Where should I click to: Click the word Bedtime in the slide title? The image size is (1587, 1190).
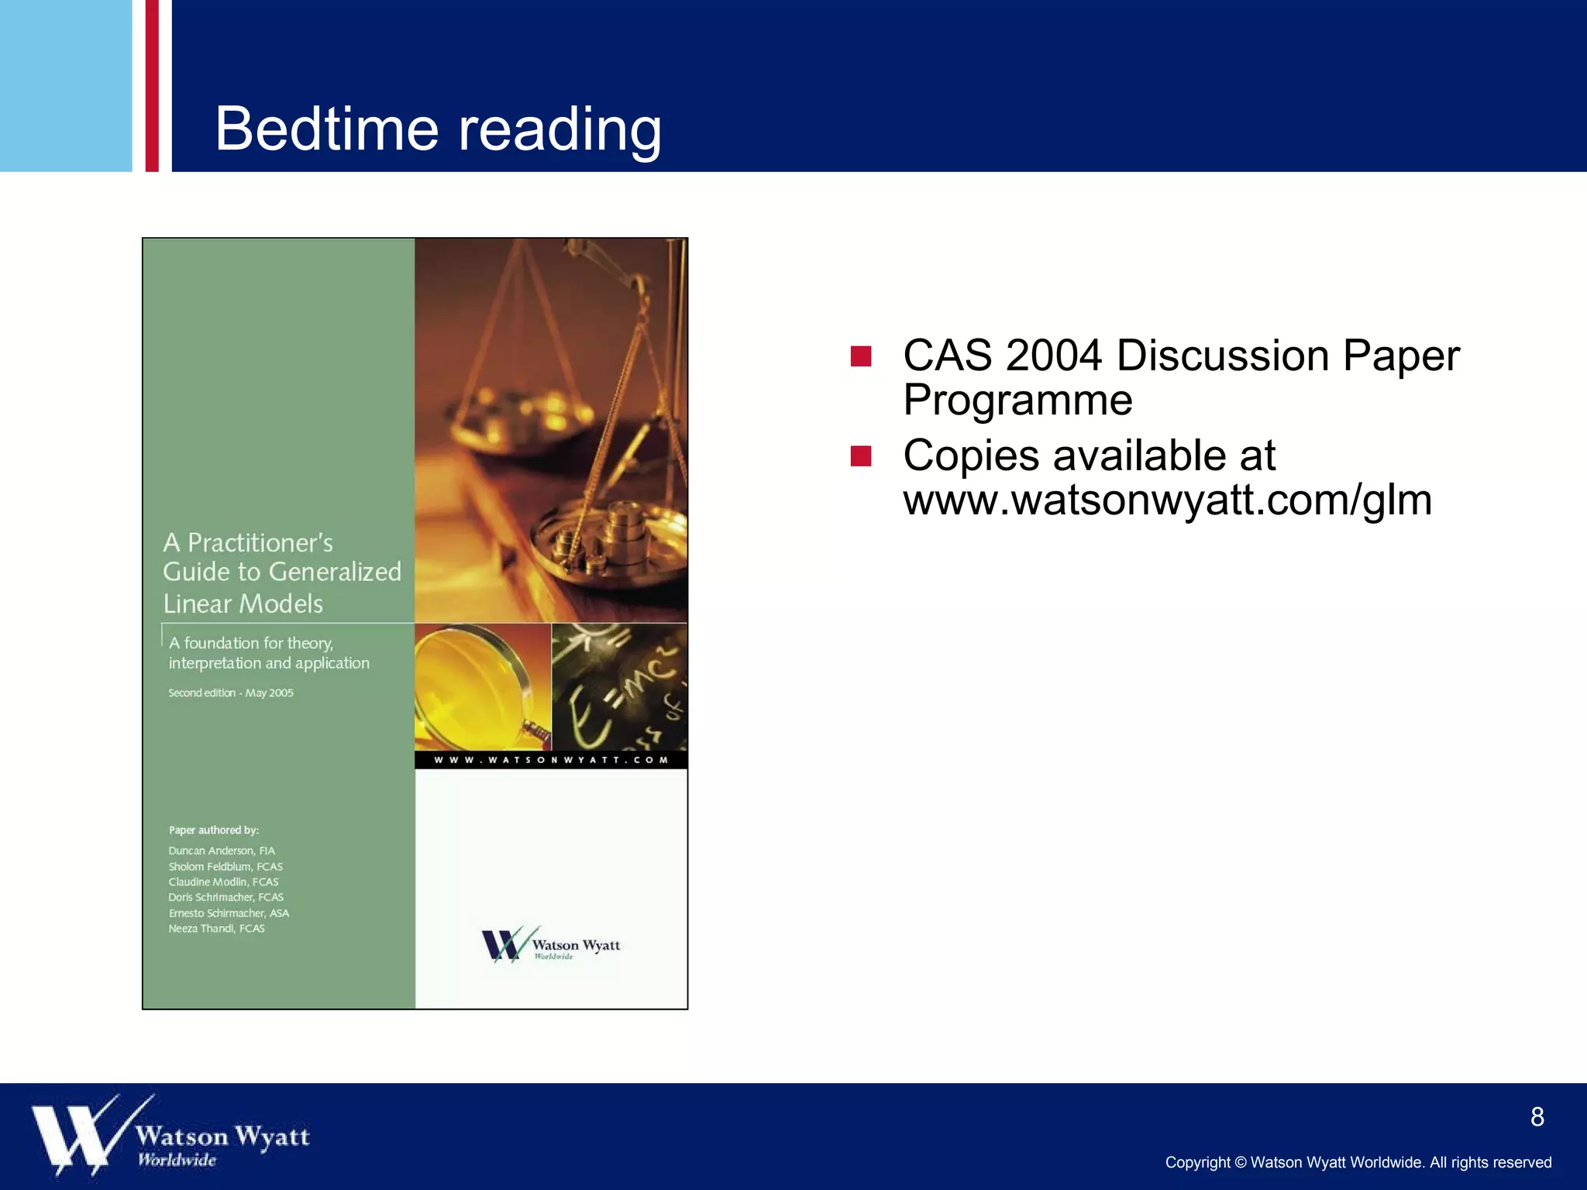[x=326, y=129]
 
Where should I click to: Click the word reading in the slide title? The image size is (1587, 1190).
[x=559, y=130]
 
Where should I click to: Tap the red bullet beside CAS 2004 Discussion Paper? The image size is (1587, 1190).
[x=860, y=356]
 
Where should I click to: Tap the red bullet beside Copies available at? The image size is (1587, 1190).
[x=860, y=456]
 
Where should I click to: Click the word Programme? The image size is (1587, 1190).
[x=1017, y=401]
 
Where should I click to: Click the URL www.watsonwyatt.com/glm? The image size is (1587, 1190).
[x=1167, y=500]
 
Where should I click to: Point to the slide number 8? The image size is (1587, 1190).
[x=1537, y=1117]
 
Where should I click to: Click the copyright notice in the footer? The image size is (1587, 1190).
[x=1358, y=1163]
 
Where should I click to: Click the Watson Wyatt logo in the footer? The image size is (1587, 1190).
[x=170, y=1136]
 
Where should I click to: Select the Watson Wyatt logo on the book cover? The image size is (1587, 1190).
[x=550, y=944]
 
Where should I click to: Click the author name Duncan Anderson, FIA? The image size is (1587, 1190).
[x=222, y=851]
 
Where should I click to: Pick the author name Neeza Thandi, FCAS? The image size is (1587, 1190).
[x=217, y=928]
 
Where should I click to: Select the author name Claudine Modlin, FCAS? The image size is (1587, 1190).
[x=223, y=882]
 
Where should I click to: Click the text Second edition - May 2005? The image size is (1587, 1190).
[x=231, y=693]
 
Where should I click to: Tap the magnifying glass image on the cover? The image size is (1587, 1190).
[x=482, y=686]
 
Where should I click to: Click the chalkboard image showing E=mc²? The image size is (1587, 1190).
[x=618, y=686]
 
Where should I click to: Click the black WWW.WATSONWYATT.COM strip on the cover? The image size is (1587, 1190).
[x=550, y=760]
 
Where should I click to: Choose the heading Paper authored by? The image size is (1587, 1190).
[x=214, y=830]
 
